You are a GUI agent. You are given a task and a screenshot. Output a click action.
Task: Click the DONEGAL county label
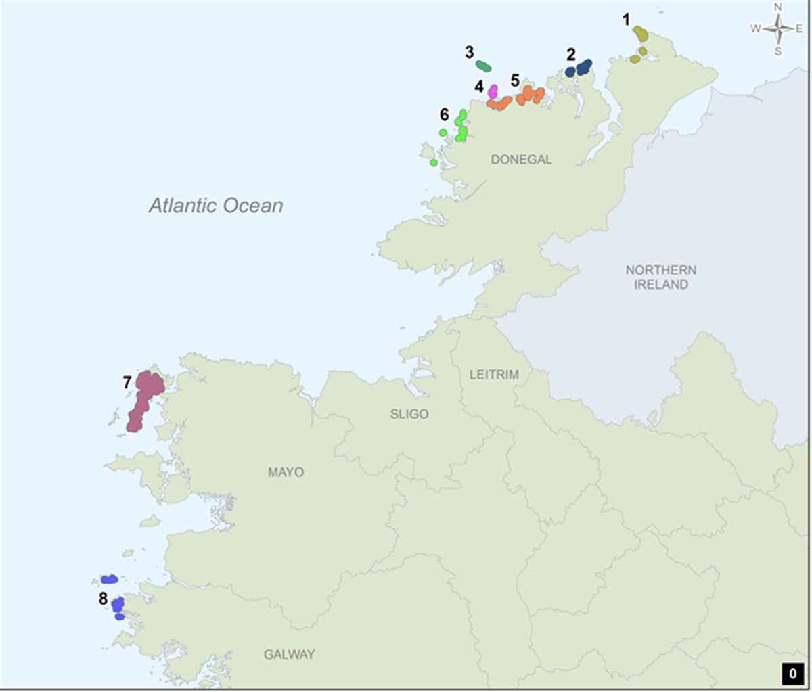click(521, 160)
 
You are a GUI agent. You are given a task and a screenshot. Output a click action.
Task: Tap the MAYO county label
click(286, 472)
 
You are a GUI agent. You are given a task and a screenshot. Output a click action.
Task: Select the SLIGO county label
click(409, 414)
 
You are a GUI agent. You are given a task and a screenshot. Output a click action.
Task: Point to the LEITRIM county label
click(494, 374)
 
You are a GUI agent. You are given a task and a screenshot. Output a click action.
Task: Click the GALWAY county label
click(289, 654)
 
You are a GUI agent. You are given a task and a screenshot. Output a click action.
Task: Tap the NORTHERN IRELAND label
click(660, 277)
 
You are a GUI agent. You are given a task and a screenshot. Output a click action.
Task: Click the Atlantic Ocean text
click(216, 206)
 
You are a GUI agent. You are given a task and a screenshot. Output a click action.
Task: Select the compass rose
click(777, 29)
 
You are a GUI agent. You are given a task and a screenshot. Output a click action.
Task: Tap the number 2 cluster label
click(571, 54)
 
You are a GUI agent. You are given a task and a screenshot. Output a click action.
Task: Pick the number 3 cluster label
click(469, 52)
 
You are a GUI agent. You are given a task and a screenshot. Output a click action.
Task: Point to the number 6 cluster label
click(444, 114)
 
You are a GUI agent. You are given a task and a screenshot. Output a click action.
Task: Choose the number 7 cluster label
click(127, 383)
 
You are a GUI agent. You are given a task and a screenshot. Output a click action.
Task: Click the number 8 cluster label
click(103, 599)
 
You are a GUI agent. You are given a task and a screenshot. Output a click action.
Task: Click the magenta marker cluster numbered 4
click(493, 91)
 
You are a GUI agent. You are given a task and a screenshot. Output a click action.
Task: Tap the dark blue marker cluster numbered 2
click(579, 68)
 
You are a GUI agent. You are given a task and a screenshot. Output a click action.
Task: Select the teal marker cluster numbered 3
click(484, 66)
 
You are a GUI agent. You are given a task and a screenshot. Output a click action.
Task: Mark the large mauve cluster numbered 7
click(144, 399)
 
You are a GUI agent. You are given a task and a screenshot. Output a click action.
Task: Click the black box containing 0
click(792, 674)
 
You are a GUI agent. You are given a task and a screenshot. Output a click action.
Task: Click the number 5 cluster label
click(515, 81)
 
